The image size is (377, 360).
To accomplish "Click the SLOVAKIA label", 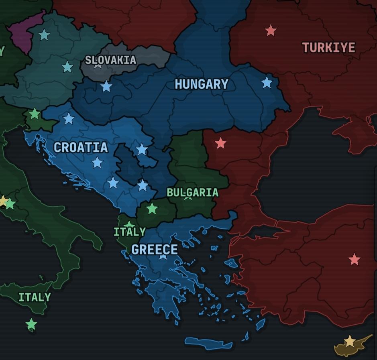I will [111, 60].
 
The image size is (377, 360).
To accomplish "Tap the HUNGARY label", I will [202, 84].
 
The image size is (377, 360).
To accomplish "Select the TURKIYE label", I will [329, 48].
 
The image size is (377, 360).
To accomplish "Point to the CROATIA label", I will [81, 148].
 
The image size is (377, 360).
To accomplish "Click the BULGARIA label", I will [193, 192].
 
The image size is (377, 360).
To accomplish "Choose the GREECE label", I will [155, 250].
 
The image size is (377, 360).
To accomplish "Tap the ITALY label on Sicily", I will [35, 297].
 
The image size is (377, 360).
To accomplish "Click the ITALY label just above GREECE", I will [129, 232].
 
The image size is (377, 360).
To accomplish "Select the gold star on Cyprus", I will [350, 342].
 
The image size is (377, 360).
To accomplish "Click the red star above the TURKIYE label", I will [271, 30].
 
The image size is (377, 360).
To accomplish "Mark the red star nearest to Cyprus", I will [354, 260].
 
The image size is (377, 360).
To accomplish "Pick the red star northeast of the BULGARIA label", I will [220, 143].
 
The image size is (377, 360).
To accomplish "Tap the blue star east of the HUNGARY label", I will [267, 83].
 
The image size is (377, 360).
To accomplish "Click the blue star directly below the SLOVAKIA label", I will [106, 86].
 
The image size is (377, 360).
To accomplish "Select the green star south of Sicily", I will [31, 324].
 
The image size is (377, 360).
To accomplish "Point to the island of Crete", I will [209, 343].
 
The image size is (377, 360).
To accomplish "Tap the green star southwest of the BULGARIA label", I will [152, 209].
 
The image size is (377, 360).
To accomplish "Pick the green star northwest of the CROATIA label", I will [35, 114].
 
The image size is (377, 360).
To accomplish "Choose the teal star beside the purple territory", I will [44, 35].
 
